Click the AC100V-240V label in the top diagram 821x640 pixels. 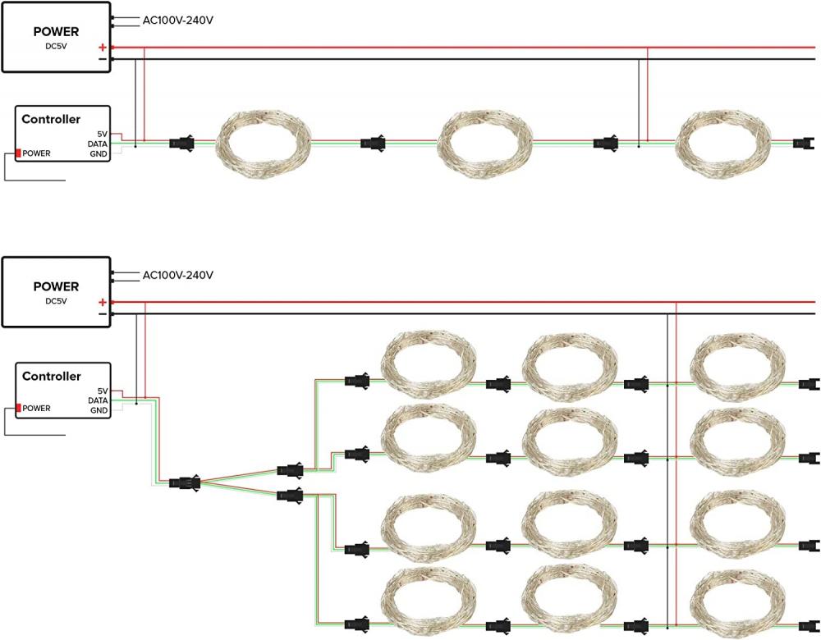177,20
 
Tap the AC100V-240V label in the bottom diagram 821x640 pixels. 177,275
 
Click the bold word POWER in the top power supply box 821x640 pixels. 56,32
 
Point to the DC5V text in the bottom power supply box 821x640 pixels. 56,301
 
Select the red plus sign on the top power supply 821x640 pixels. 102,48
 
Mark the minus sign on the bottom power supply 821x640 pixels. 102,314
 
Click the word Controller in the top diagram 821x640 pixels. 51,119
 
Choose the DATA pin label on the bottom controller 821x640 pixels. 98,400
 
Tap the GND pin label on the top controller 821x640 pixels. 99,153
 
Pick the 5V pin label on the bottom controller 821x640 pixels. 102,391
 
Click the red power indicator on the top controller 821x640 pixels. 18,153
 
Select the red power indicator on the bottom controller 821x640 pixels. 18,408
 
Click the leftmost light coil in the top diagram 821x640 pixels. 264,144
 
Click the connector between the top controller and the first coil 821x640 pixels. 181,144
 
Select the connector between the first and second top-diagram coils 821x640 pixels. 373,144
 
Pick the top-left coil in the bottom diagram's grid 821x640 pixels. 430,366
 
